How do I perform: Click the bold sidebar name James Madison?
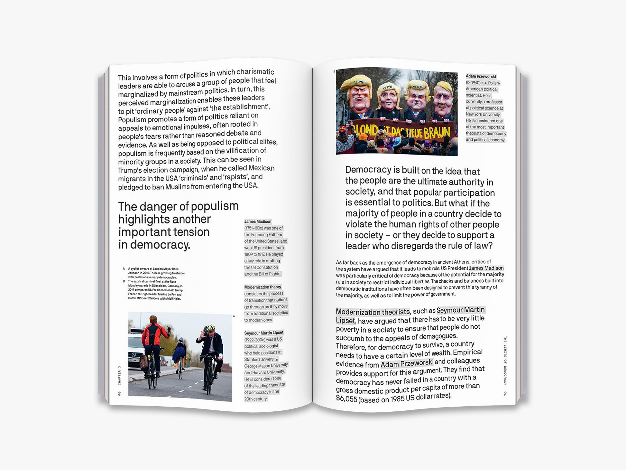[x=258, y=221]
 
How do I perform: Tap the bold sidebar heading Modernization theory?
[x=262, y=287]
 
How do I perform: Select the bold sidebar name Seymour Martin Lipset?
[x=264, y=333]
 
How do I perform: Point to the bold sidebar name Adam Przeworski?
[x=481, y=77]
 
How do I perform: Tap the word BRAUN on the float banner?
[x=437, y=132]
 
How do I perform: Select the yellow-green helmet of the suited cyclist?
[x=210, y=328]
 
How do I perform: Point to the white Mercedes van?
[x=135, y=351]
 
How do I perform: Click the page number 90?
[x=119, y=393]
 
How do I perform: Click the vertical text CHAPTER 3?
[x=119, y=375]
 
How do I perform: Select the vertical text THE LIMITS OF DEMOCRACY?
[x=505, y=361]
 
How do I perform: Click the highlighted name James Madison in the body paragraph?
[x=486, y=268]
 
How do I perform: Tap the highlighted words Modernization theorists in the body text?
[x=373, y=312]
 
